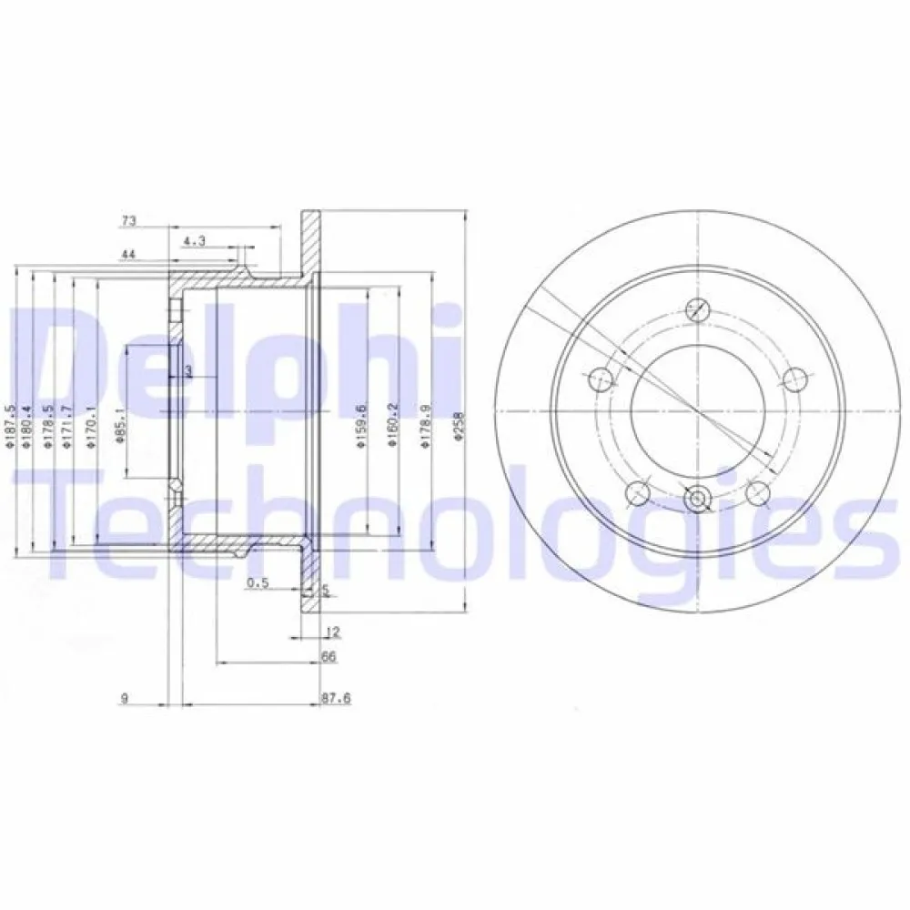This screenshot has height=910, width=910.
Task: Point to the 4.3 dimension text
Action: (194, 241)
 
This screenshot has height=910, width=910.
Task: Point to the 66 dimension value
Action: (330, 656)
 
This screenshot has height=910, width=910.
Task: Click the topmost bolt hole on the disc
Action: (698, 308)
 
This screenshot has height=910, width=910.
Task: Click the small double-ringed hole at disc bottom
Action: (698, 499)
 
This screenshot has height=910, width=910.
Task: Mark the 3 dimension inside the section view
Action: (187, 370)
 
